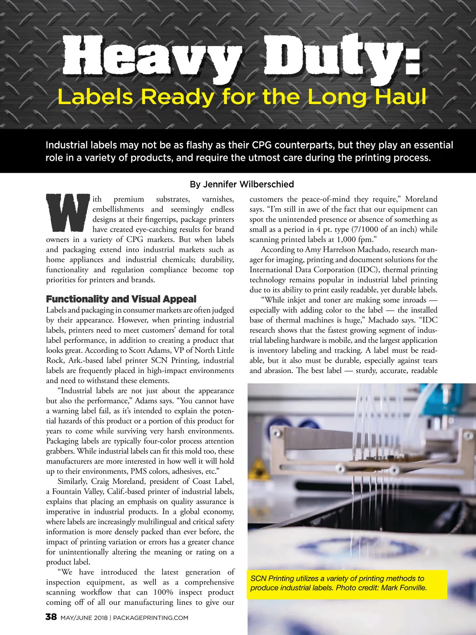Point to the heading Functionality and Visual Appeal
[121, 299]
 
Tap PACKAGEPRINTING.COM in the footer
[151, 618]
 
